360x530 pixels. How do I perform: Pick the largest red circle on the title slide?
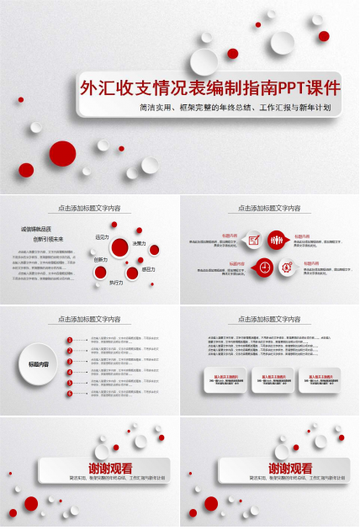[x=62, y=153]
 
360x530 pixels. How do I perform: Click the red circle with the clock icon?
[x=264, y=267]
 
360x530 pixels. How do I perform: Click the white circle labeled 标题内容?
[x=35, y=363]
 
